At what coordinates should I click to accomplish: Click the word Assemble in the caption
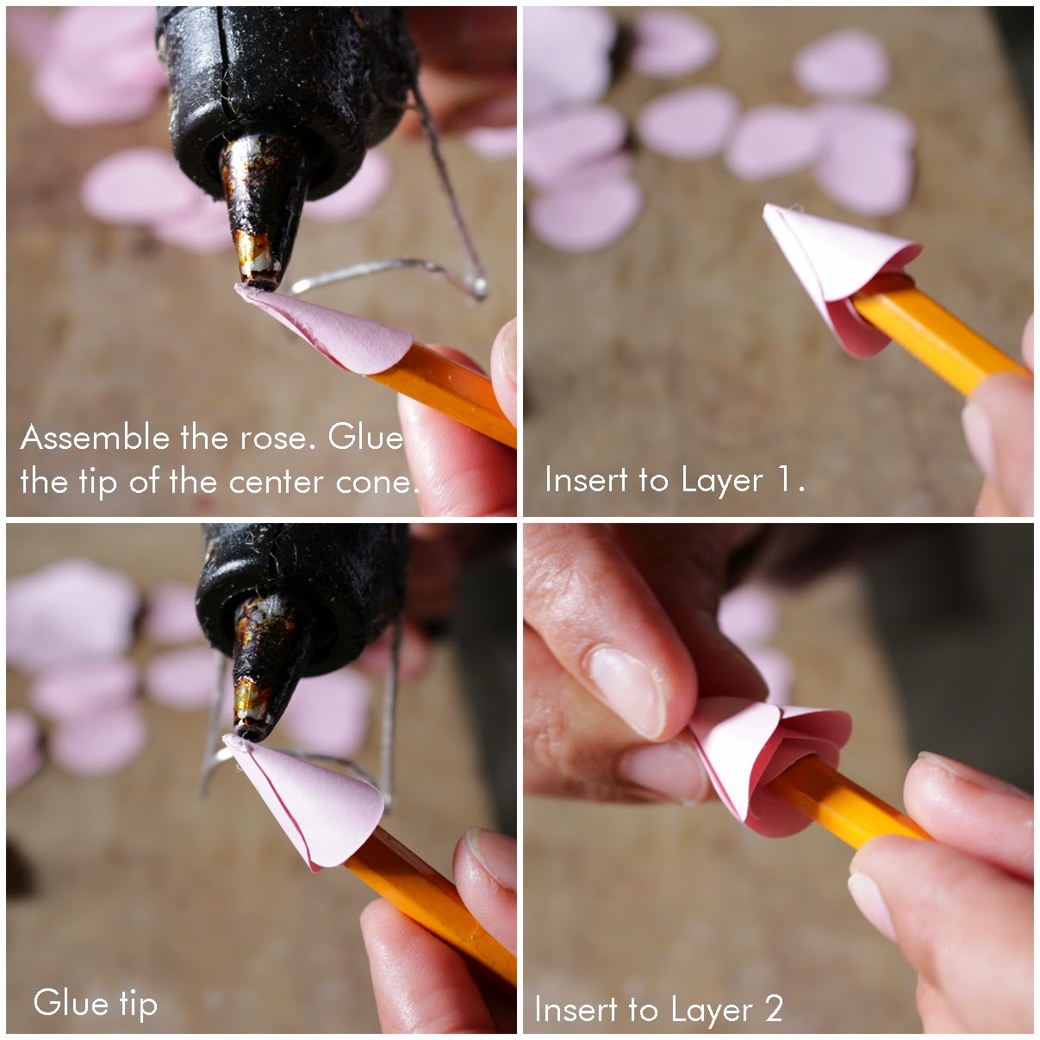click(x=95, y=437)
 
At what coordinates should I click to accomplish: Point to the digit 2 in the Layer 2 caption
click(x=773, y=1007)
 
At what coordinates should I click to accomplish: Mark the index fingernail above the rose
click(x=627, y=691)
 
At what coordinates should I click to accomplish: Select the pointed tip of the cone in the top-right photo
click(x=766, y=208)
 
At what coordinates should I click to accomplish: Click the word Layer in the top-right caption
click(x=723, y=480)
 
